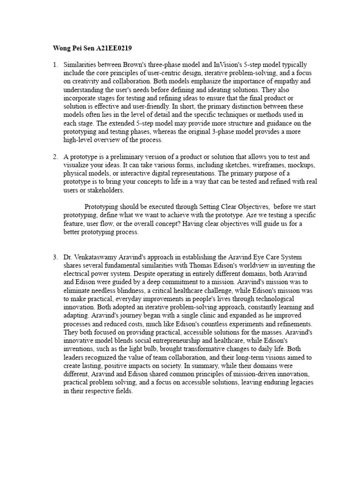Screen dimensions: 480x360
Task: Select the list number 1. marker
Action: [55, 64]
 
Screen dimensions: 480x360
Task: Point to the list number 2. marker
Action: [55, 157]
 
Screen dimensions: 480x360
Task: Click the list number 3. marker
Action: [55, 257]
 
